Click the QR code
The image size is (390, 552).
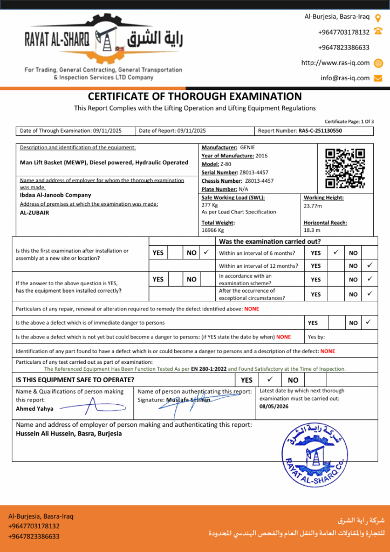pyautogui.click(x=345, y=168)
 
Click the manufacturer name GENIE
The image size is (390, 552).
pyautogui.click(x=248, y=147)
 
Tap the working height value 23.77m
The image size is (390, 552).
pyautogui.click(x=313, y=205)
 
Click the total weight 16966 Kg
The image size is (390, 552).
pyautogui.click(x=213, y=230)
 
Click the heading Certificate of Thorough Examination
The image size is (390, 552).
pyautogui.click(x=195, y=97)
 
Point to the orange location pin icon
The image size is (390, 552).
pyautogui.click(x=378, y=18)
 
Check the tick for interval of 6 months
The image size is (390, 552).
pyautogui.click(x=336, y=252)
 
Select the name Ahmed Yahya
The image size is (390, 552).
pyautogui.click(x=35, y=409)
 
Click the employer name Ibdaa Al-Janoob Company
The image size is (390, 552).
pyautogui.click(x=56, y=195)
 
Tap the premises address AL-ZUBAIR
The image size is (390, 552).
pyautogui.click(x=35, y=212)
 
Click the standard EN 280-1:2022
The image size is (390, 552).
pyautogui.click(x=209, y=369)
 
